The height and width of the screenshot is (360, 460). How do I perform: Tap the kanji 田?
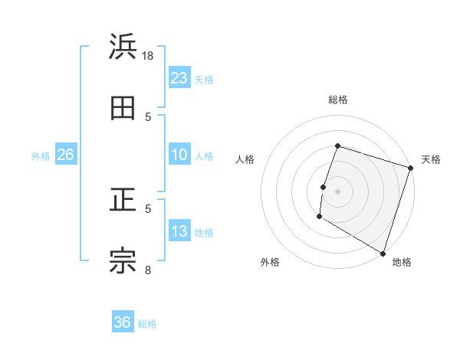[x=123, y=108]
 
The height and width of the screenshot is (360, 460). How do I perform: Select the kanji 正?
[x=123, y=201]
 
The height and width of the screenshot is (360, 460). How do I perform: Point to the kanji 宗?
[x=123, y=261]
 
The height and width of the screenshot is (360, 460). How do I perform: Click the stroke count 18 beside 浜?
[x=149, y=55]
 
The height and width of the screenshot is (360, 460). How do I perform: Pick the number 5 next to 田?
[x=149, y=116]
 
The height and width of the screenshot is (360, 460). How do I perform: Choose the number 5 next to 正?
[x=149, y=208]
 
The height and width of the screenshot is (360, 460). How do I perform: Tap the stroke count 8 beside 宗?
[x=149, y=269]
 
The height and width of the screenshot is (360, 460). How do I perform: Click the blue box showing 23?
[x=179, y=78]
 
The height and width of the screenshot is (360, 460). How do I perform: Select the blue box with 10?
[x=179, y=155]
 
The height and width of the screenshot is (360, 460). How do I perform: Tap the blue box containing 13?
[x=179, y=231]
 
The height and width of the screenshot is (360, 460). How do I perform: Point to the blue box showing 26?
[x=65, y=155]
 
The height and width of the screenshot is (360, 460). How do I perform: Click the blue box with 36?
[x=123, y=322]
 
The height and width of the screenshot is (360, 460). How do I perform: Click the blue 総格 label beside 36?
[x=148, y=324]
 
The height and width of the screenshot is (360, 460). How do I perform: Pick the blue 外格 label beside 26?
[x=41, y=156]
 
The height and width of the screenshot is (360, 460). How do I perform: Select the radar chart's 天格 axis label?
[x=431, y=160]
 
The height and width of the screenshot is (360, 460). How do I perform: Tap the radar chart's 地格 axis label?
[x=402, y=263]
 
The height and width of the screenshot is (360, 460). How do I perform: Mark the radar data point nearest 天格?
[x=410, y=168]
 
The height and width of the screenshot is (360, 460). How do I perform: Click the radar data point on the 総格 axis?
[x=337, y=146]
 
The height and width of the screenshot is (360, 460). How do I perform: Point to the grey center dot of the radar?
[x=337, y=191]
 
